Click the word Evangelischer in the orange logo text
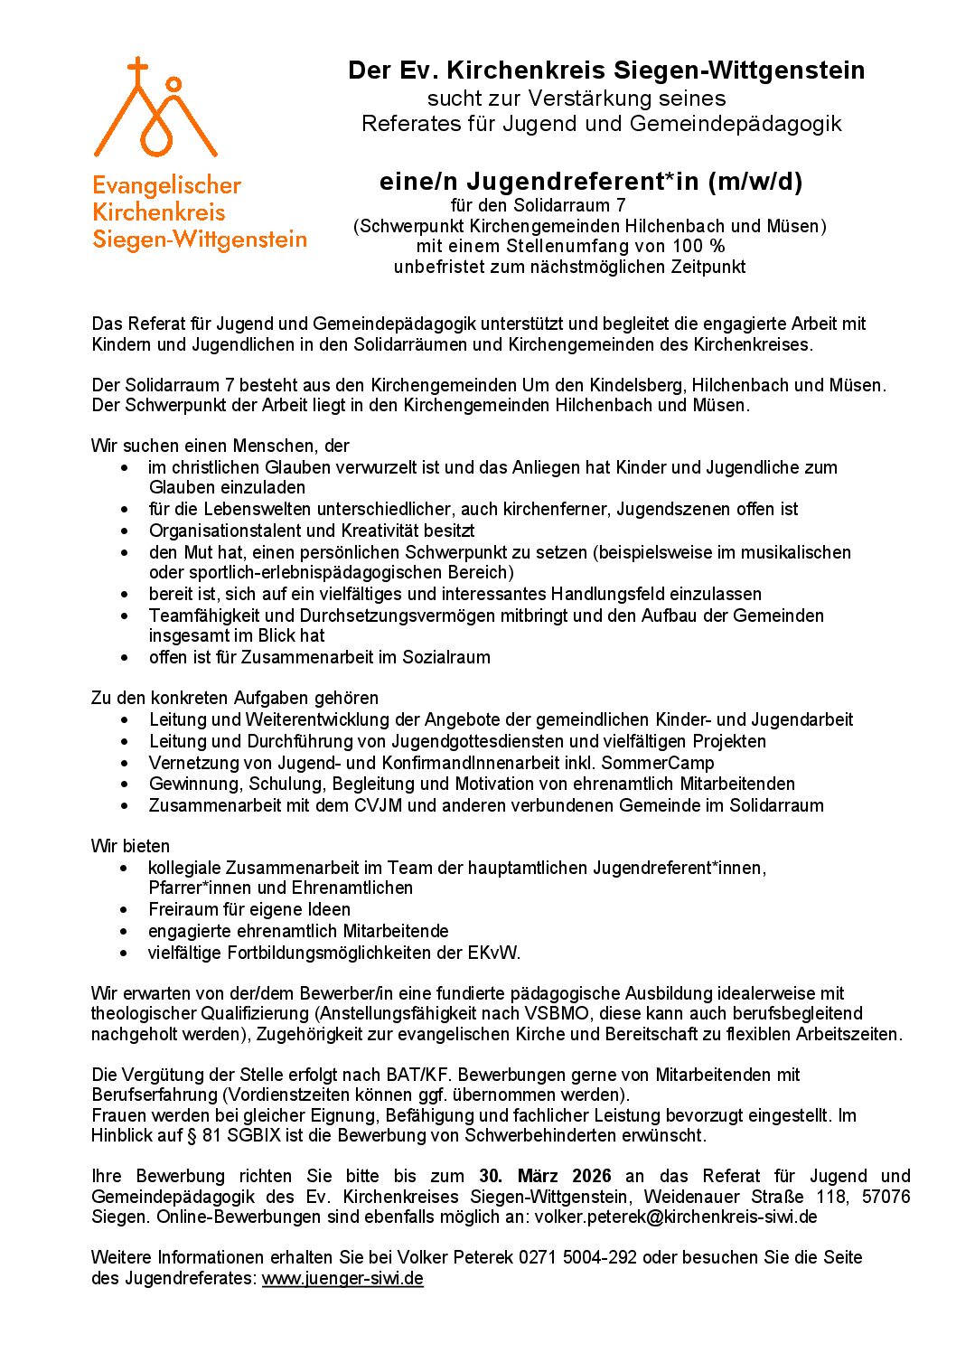tap(166, 185)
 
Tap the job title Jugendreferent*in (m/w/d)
tap(591, 182)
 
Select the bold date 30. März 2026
tap(545, 1176)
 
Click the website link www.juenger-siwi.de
tap(342, 1278)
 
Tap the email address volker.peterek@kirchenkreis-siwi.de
tap(675, 1217)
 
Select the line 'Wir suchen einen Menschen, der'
tap(220, 446)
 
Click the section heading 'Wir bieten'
tap(130, 846)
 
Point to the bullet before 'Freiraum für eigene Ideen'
tap(125, 909)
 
